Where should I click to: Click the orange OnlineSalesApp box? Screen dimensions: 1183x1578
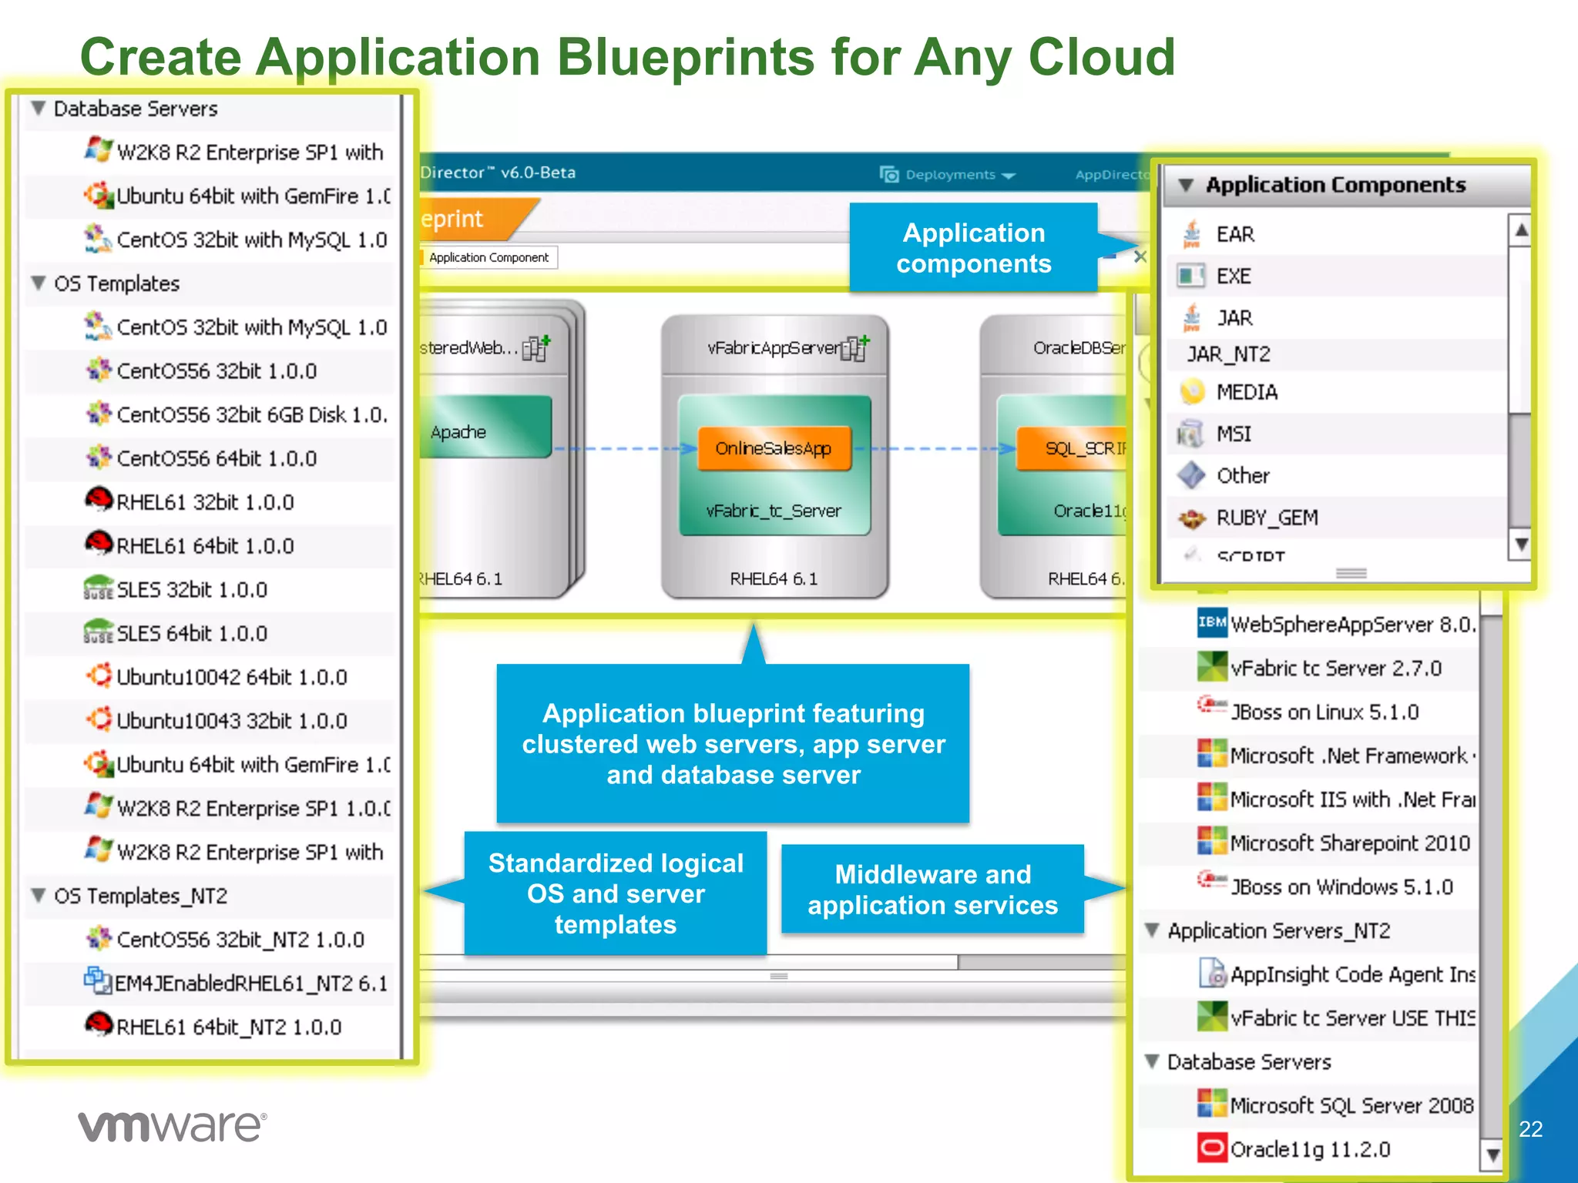(774, 448)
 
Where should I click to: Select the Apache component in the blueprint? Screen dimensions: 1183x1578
(459, 432)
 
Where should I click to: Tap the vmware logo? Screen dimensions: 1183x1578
(172, 1126)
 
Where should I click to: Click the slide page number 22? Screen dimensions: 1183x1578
(1530, 1129)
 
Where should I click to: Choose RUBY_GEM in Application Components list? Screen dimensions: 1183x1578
(1267, 518)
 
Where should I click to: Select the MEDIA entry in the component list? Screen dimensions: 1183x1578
(1247, 393)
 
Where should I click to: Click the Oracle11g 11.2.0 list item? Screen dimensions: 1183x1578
(1310, 1149)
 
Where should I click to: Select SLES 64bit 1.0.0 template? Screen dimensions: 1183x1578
(192, 633)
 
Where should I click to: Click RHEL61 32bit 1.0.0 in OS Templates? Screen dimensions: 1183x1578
(205, 502)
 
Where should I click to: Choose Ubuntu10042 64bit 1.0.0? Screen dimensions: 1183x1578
(231, 677)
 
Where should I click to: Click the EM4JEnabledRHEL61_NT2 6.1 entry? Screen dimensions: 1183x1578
(250, 984)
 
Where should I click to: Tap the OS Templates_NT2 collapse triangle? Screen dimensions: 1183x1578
(38, 896)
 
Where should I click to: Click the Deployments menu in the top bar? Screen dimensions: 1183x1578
(950, 175)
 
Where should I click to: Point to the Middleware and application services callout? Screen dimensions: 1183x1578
(932, 890)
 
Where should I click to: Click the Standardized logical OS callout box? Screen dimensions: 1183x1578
(615, 893)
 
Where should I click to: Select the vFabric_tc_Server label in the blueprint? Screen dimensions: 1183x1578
(774, 511)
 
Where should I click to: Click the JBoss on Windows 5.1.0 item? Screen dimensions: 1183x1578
(1341, 887)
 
